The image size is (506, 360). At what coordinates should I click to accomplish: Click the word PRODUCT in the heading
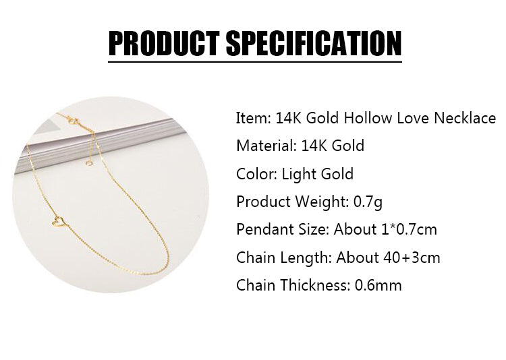click(164, 43)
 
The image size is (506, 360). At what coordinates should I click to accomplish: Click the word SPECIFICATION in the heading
click(314, 43)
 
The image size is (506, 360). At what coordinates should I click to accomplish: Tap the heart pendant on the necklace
click(59, 222)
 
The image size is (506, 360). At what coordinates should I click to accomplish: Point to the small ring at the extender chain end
click(88, 164)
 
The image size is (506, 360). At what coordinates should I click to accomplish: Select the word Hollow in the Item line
click(368, 118)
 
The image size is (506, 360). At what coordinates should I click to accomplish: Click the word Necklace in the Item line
click(465, 118)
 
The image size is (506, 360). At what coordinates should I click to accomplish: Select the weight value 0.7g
click(368, 202)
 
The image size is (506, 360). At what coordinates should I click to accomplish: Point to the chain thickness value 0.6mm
click(378, 285)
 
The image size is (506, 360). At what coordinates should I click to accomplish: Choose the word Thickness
click(315, 285)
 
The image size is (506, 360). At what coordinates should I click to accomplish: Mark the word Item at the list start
click(253, 118)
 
